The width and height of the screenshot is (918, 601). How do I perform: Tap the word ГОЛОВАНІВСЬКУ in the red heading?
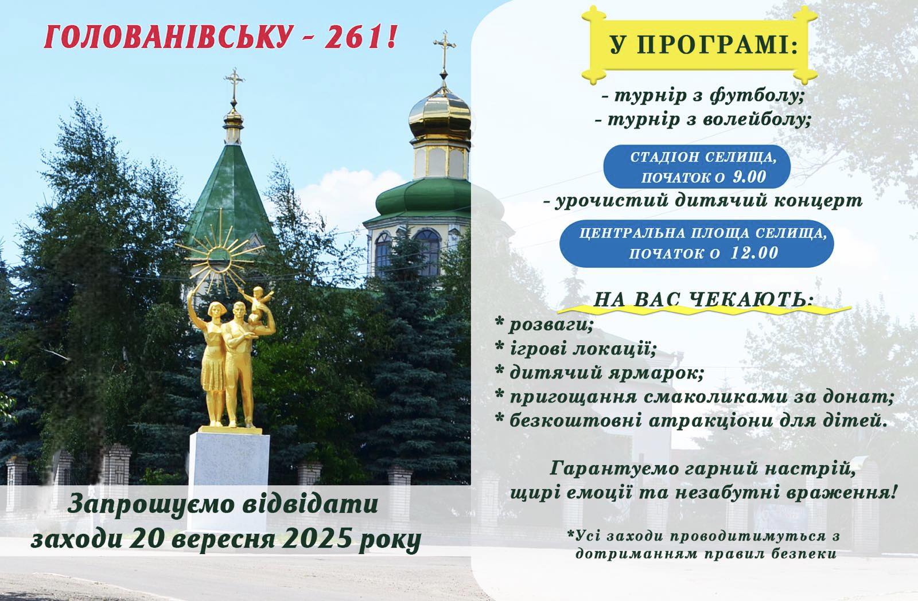(169, 37)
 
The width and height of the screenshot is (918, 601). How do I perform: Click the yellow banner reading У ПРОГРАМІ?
(699, 45)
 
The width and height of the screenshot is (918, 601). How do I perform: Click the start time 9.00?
(749, 177)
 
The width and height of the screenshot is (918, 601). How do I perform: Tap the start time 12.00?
(754, 253)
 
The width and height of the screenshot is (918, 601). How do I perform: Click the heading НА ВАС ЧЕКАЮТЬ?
(703, 300)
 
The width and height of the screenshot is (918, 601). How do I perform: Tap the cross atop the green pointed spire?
(234, 87)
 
